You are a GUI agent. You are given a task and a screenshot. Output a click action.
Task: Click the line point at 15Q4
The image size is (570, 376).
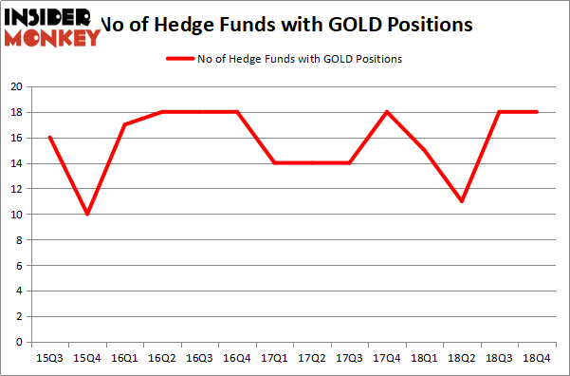pos(87,214)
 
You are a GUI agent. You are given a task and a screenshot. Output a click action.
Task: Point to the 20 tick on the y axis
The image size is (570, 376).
pos(16,86)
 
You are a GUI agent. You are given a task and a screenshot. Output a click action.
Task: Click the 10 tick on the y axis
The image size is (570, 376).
pos(16,215)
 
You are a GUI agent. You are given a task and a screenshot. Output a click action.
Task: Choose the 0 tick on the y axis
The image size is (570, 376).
pos(20,342)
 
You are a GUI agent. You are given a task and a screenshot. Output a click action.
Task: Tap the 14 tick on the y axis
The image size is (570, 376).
pos(16,163)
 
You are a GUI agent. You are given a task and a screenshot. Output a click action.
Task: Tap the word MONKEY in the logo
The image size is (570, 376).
pos(53,37)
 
